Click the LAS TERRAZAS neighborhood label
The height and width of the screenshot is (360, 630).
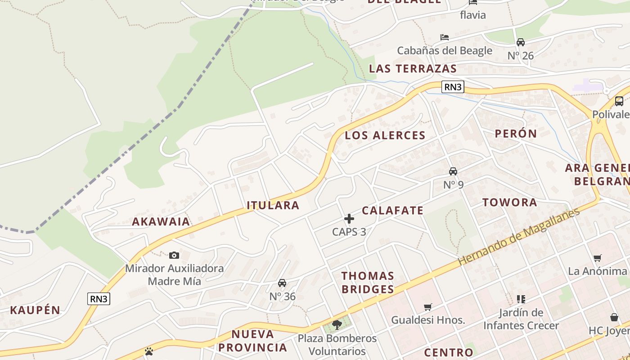point(413,69)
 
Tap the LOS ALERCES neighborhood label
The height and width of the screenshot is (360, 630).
point(385,135)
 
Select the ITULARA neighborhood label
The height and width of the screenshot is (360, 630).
point(273,206)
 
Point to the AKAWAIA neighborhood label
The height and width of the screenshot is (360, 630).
point(161,221)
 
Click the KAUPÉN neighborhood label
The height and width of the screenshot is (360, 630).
point(35,310)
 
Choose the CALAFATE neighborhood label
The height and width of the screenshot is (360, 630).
point(393,211)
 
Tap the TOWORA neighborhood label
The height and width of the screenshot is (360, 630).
point(510,202)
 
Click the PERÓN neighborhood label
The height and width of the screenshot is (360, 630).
point(516,134)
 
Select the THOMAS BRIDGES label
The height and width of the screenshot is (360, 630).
point(368,283)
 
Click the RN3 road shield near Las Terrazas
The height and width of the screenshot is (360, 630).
point(453,87)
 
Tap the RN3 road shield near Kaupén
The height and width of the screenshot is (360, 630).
point(99,298)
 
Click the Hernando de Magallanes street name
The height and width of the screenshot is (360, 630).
point(519,236)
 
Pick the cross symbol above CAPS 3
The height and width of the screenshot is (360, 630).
point(349,219)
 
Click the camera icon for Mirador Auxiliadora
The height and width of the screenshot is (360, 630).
point(174,255)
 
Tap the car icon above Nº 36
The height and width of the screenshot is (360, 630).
point(282,283)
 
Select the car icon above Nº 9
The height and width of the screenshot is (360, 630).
point(453,171)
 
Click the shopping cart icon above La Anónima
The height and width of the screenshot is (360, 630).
point(598,258)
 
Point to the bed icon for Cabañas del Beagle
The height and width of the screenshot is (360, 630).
point(445,37)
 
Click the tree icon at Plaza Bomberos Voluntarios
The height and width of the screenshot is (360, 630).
point(337,324)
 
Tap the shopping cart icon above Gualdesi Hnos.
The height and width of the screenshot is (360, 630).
point(427,307)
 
